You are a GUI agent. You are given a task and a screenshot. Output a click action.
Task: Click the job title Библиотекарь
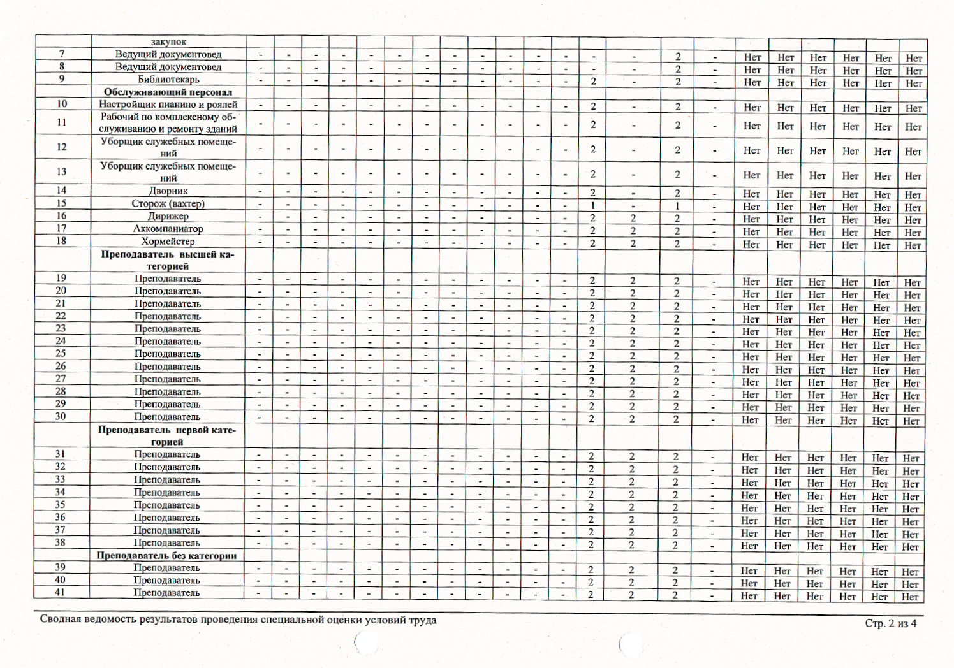tap(168, 80)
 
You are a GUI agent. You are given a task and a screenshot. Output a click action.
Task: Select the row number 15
tap(61, 203)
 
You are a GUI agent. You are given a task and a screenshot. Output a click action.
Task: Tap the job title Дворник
tap(168, 191)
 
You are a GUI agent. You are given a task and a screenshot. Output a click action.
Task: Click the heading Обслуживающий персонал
tap(168, 92)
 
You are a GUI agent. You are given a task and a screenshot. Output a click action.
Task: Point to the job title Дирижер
tap(168, 216)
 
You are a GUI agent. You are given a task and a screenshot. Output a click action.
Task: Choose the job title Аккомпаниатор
tap(168, 229)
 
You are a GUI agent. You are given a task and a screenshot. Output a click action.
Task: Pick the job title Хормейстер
tap(168, 242)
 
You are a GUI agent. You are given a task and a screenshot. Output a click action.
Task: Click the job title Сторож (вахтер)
tap(168, 204)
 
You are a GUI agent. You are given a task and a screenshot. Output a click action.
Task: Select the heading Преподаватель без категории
tap(166, 556)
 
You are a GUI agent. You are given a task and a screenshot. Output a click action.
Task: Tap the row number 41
tap(60, 592)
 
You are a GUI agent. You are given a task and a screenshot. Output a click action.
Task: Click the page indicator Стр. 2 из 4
tap(890, 623)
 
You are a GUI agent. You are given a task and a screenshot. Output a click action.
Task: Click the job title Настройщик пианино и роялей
tap(168, 105)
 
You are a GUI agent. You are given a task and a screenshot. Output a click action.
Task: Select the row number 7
tap(62, 54)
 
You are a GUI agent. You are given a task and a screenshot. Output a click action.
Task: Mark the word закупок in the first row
tap(168, 42)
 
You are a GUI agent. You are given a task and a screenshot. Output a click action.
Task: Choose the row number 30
tap(61, 416)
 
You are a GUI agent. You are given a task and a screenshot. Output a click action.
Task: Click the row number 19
tap(61, 278)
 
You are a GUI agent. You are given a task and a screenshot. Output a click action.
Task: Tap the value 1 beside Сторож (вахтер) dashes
tap(592, 206)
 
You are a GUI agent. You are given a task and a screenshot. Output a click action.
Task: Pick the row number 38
tap(60, 542)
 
